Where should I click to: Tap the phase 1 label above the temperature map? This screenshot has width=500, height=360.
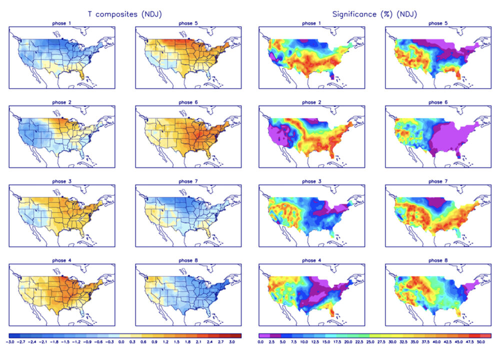pos(62,23)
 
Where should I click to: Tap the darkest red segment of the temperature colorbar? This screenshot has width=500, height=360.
pos(237,335)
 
